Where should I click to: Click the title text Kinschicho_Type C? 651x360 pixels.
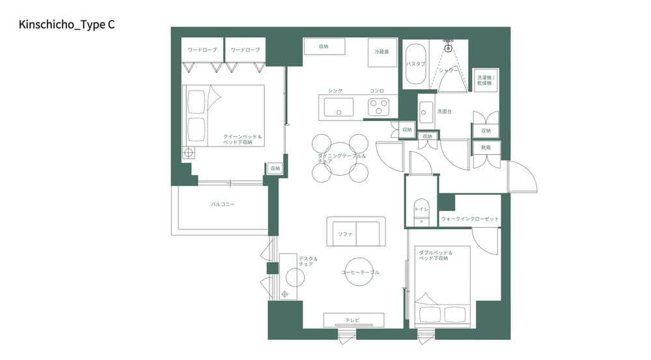67,25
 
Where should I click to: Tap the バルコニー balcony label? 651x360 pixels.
223,204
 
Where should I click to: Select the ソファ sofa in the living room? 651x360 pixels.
355,232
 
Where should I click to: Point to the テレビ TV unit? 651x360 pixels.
353,320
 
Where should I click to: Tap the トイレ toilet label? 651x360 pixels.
422,210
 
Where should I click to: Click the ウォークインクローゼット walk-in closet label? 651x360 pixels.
470,219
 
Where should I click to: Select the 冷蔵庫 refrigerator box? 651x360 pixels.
381,52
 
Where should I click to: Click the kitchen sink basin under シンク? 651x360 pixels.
339,107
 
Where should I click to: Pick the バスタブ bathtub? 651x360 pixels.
415,64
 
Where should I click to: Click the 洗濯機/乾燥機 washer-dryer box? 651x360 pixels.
486,81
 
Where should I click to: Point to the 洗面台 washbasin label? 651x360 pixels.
445,111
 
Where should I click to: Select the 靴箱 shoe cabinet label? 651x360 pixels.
486,148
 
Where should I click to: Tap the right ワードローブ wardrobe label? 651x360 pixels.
245,49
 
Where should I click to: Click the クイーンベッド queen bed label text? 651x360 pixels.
242,139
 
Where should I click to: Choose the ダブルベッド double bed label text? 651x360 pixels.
435,255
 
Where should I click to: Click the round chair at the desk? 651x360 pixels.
295,278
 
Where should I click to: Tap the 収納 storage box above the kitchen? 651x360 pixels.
324,47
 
